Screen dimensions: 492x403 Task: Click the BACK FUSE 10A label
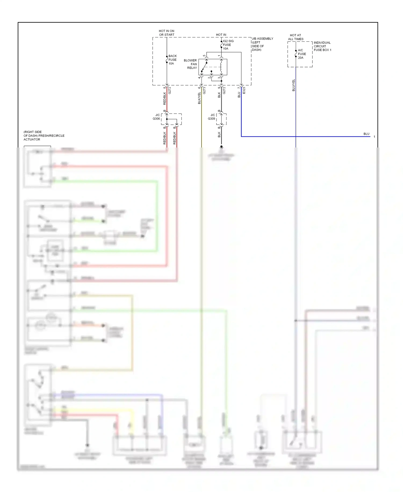[172, 60]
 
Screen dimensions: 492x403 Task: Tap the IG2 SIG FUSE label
[228, 45]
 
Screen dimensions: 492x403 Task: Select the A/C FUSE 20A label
[302, 54]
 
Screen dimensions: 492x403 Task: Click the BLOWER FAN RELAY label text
[190, 64]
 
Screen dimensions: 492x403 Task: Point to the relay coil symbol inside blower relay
[221, 67]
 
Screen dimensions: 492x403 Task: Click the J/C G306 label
[156, 117]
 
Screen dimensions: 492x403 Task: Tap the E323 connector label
[244, 90]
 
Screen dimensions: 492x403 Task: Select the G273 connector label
[204, 90]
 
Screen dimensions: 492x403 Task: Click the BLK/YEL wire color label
[199, 98]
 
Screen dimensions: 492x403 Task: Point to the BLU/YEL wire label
[294, 85]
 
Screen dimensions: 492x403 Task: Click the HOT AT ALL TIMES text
[296, 37]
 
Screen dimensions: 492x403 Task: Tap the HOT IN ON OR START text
[167, 33]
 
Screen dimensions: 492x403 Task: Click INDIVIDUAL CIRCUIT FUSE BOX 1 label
[322, 46]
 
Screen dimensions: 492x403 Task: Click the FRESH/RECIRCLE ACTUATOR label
[44, 136]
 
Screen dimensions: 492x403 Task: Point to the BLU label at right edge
[366, 134]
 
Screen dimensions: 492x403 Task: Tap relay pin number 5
[204, 56]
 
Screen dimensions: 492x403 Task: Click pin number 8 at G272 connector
[165, 87]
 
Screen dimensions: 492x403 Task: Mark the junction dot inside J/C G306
[167, 119]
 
